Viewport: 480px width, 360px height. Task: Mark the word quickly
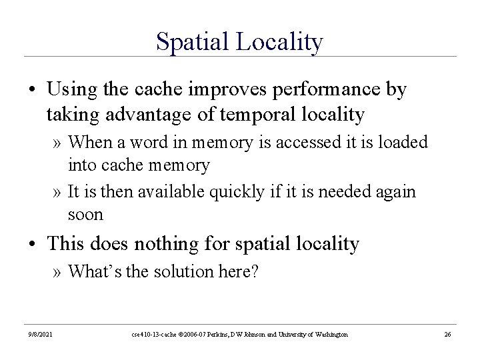pyautogui.click(x=235, y=192)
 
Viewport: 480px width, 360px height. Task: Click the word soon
pyautogui.click(x=85, y=215)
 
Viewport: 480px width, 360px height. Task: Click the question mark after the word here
pyautogui.click(x=253, y=272)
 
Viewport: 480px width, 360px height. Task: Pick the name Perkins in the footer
pyautogui.click(x=213, y=333)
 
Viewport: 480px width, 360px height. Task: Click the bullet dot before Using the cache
pyautogui.click(x=32, y=90)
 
